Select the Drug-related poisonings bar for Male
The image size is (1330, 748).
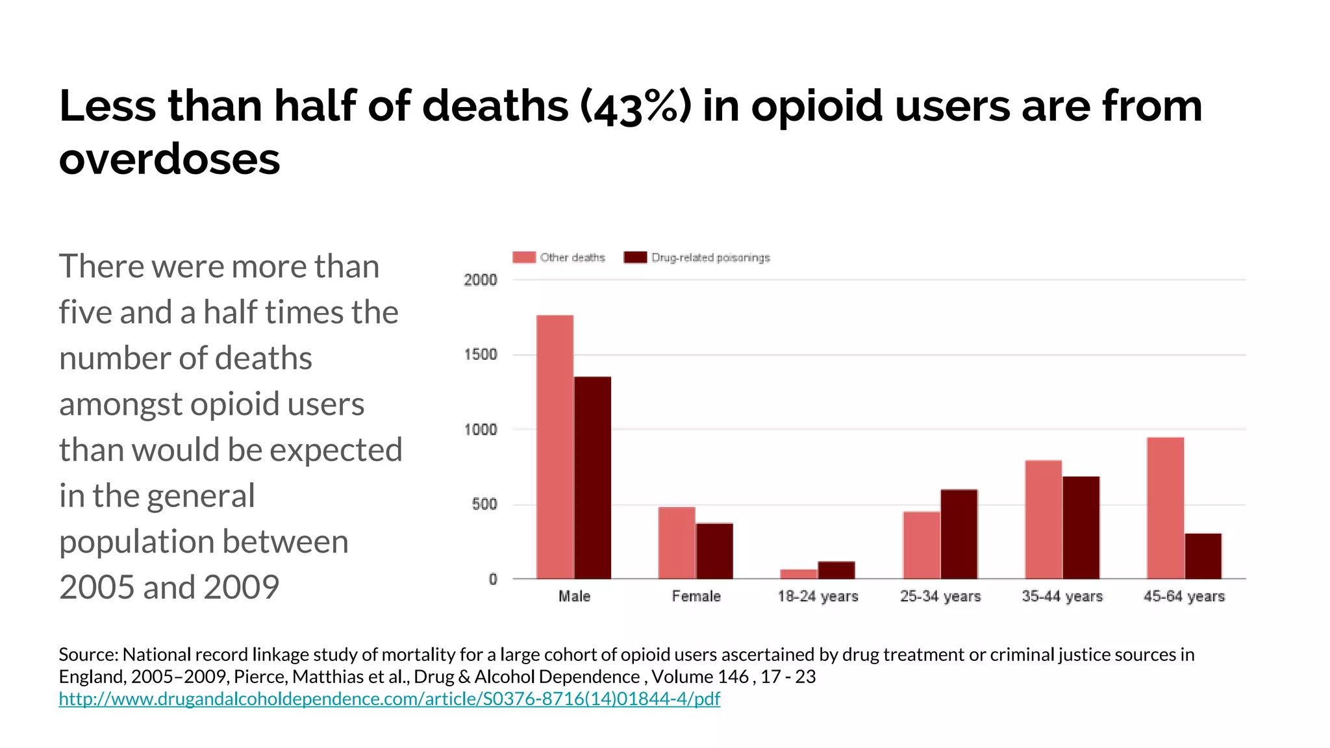592,477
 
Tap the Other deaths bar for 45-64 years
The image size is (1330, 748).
1165,508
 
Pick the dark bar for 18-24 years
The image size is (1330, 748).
836,570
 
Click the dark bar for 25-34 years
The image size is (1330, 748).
959,534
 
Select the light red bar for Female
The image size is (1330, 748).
676,543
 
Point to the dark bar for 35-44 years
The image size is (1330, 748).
1081,527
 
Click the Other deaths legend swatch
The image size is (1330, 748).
523,257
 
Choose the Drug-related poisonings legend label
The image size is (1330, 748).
710,258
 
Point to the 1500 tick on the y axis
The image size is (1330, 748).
480,355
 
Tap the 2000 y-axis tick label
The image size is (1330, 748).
480,280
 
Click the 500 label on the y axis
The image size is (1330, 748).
484,505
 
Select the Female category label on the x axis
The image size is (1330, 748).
696,596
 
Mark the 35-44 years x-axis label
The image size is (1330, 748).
1062,596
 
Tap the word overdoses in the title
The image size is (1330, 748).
169,160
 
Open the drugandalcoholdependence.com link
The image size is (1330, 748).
389,699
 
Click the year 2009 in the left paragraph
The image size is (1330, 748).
241,587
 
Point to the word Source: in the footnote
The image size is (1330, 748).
88,654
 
